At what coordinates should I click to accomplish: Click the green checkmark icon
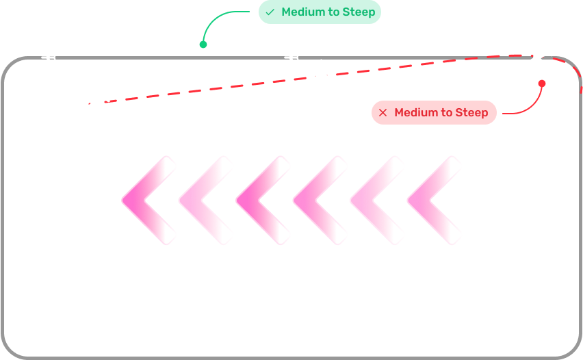pyautogui.click(x=270, y=12)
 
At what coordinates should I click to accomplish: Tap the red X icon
pyautogui.click(x=383, y=112)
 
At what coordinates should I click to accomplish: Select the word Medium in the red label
pyautogui.click(x=416, y=112)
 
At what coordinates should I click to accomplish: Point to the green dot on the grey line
pyautogui.click(x=203, y=44)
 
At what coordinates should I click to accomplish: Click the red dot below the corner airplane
pyautogui.click(x=542, y=83)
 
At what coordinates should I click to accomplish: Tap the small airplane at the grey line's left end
pyautogui.click(x=49, y=57)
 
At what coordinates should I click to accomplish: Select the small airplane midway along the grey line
pyautogui.click(x=292, y=57)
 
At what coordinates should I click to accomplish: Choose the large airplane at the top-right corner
pyautogui.click(x=539, y=55)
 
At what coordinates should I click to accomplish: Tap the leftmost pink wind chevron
pyautogui.click(x=146, y=200)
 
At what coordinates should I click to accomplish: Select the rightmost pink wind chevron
pyautogui.click(x=432, y=200)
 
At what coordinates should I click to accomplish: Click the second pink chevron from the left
pyautogui.click(x=203, y=200)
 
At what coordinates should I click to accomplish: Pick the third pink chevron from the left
pyautogui.click(x=261, y=200)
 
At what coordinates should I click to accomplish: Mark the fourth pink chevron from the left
pyautogui.click(x=318, y=200)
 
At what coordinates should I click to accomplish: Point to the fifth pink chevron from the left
pyautogui.click(x=375, y=200)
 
